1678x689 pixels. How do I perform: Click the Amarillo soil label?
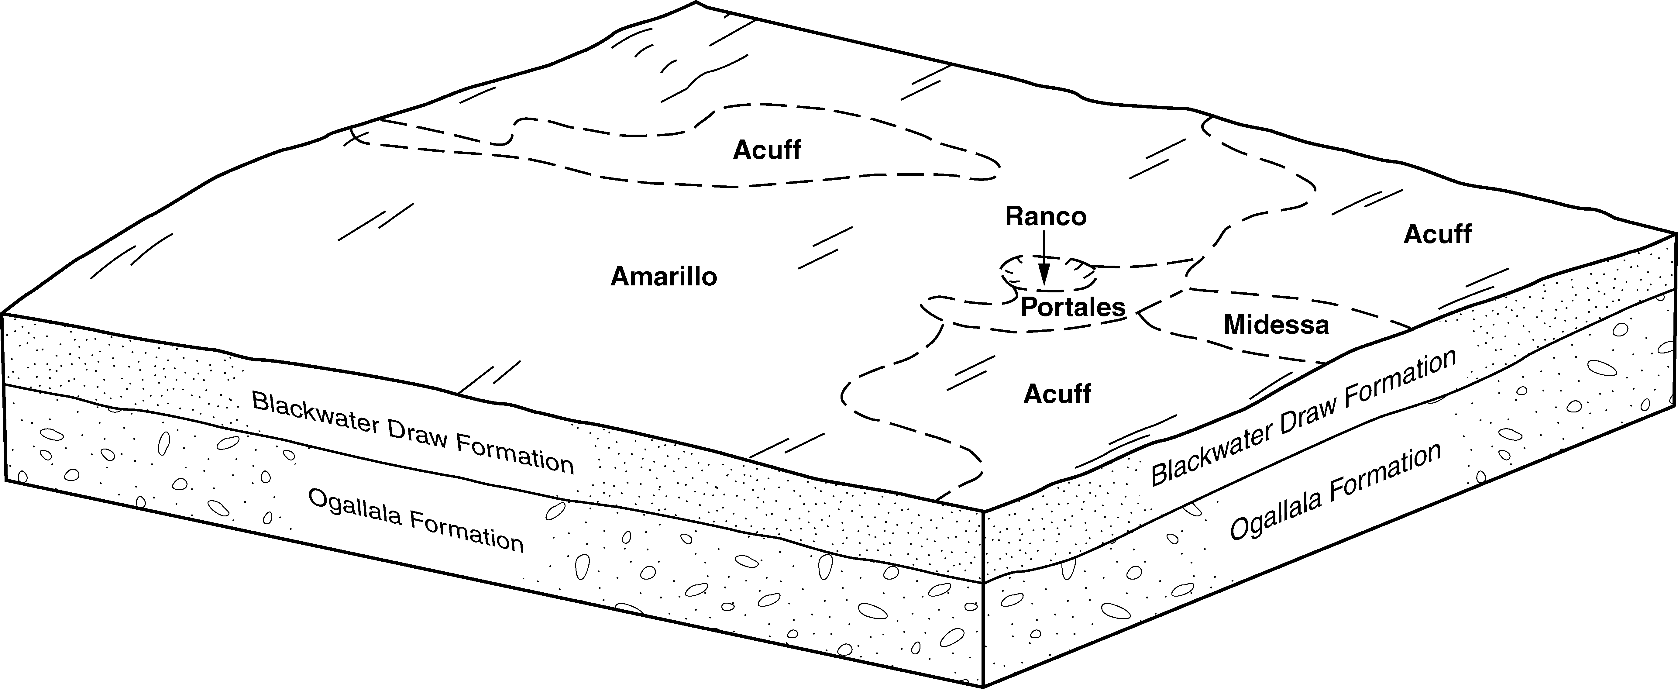point(664,277)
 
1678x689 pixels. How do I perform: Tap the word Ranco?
point(1046,216)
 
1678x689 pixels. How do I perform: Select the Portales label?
point(1073,307)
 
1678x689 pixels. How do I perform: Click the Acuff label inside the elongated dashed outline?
point(767,150)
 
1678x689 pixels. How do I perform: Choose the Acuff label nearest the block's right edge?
point(1437,234)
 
